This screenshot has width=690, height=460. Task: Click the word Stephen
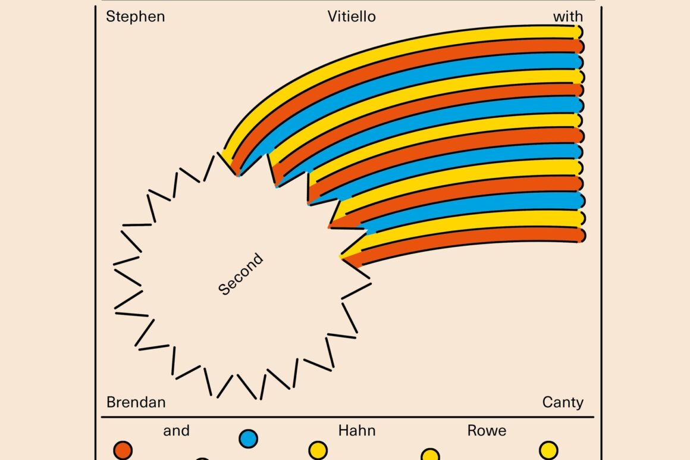click(135, 16)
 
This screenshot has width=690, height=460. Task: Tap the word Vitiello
click(352, 16)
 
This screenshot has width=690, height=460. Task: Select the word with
click(568, 16)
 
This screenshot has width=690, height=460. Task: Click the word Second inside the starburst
click(240, 274)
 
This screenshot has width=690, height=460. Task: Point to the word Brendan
click(136, 402)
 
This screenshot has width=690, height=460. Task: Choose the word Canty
click(563, 402)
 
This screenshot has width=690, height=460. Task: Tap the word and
click(176, 430)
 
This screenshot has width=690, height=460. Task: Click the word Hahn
click(356, 430)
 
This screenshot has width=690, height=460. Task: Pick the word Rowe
click(487, 430)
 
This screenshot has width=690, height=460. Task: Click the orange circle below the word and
click(123, 450)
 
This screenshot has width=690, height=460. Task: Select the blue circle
click(248, 439)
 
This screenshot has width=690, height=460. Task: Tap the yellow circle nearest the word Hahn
click(318, 450)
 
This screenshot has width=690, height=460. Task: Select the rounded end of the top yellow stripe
click(579, 32)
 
